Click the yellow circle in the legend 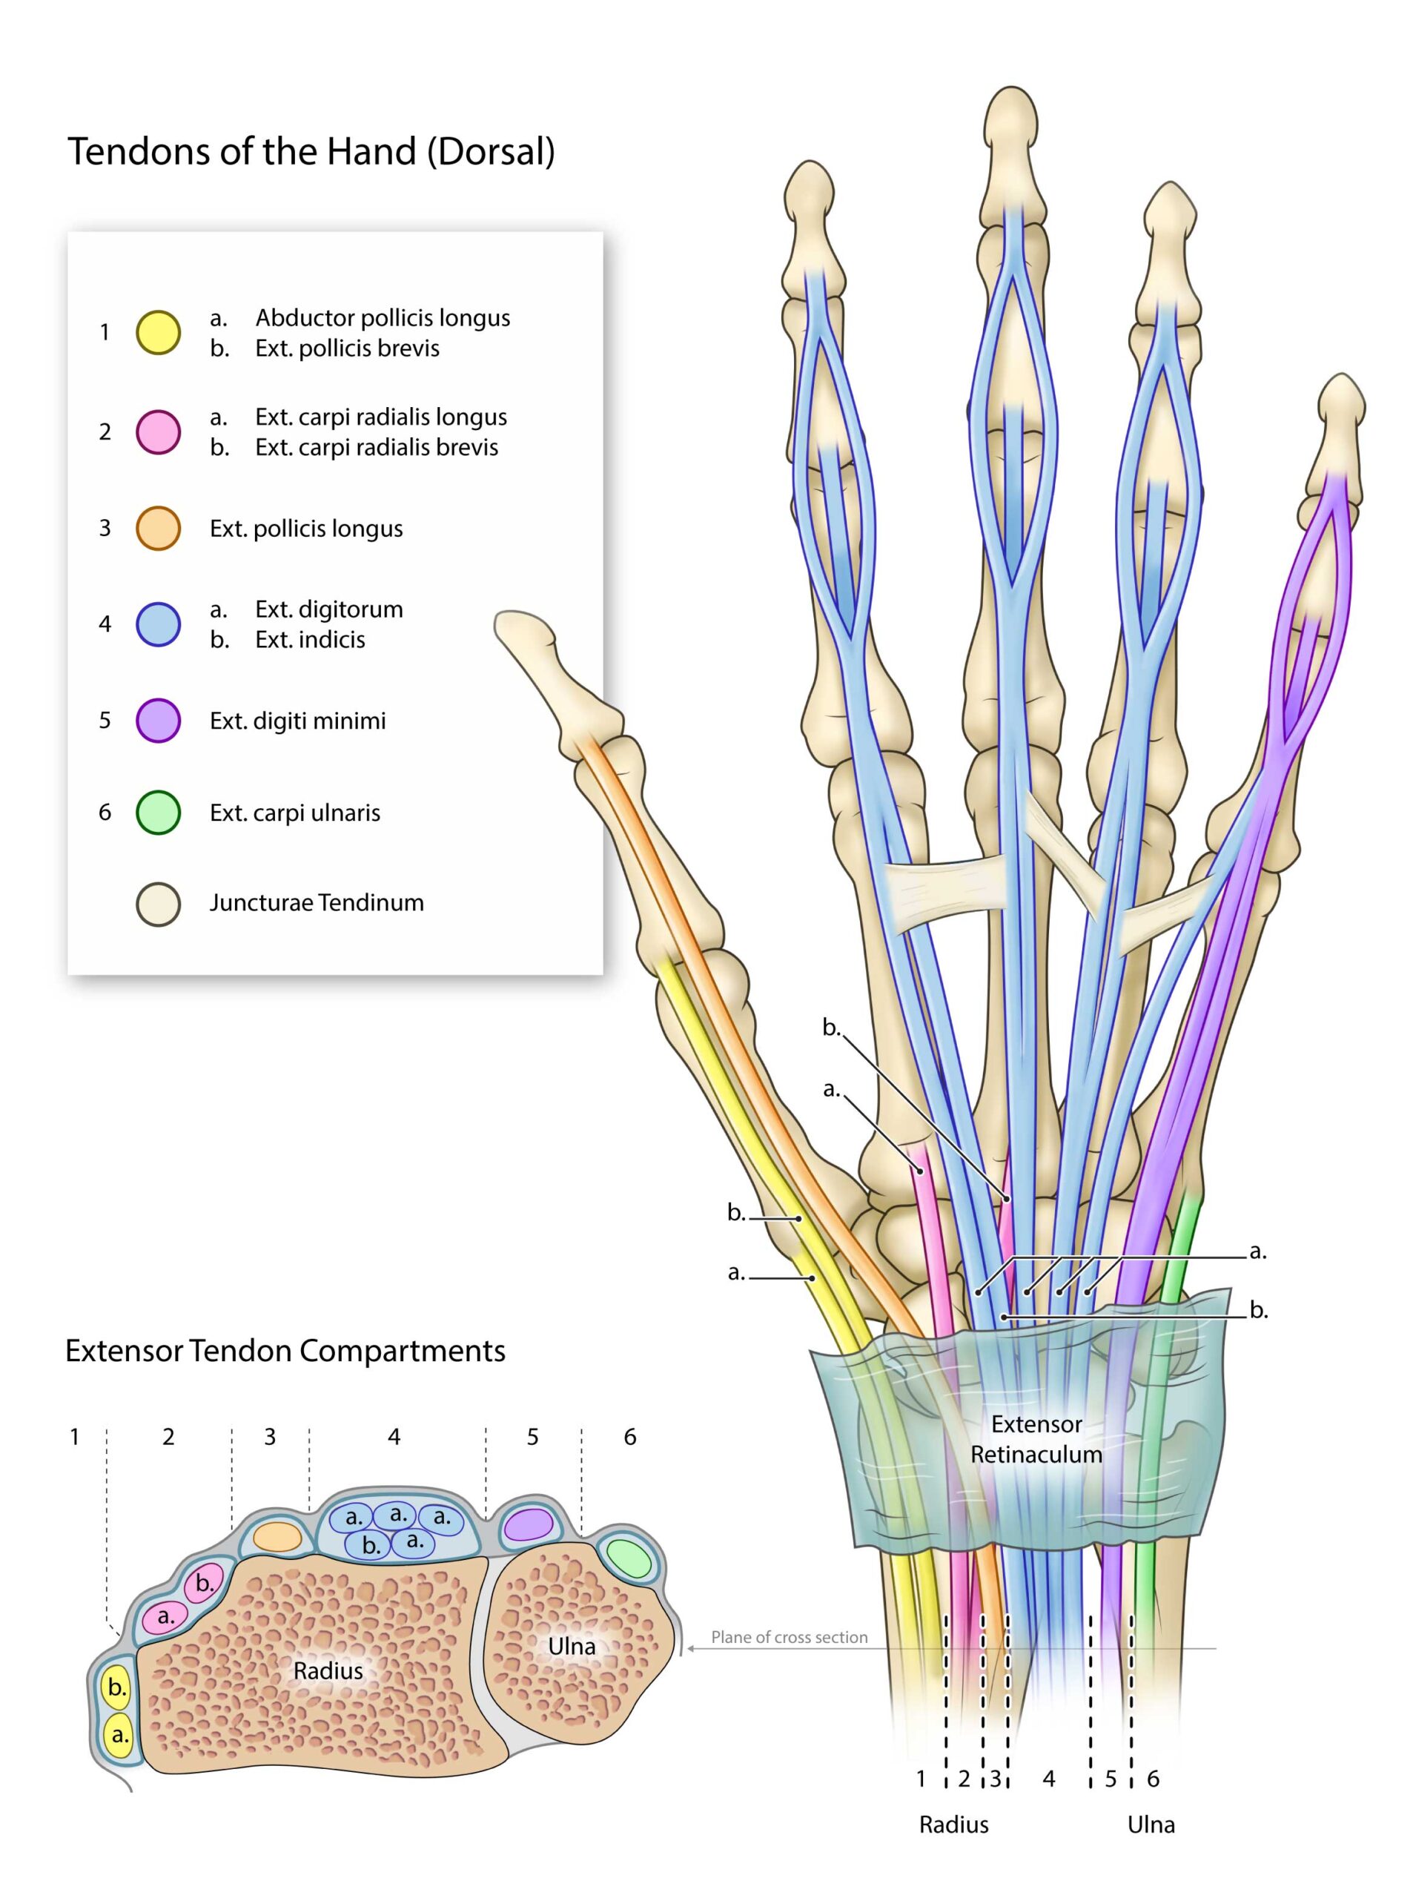click(158, 333)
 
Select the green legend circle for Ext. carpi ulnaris click(158, 813)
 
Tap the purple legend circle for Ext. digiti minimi click(158, 720)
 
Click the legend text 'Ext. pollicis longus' click(306, 529)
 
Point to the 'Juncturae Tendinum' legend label click(317, 902)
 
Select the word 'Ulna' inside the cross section click(572, 1647)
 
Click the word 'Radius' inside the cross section click(328, 1670)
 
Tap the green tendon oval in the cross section click(628, 1558)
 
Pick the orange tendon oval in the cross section click(278, 1536)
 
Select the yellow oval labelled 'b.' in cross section click(117, 1687)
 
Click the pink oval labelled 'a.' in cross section click(165, 1616)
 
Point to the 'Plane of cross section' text click(789, 1637)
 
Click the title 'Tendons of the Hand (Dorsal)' click(311, 151)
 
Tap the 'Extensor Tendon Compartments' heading click(285, 1351)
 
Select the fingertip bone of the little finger click(1340, 402)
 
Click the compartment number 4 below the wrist click(1049, 1779)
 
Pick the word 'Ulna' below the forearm click(1151, 1825)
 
